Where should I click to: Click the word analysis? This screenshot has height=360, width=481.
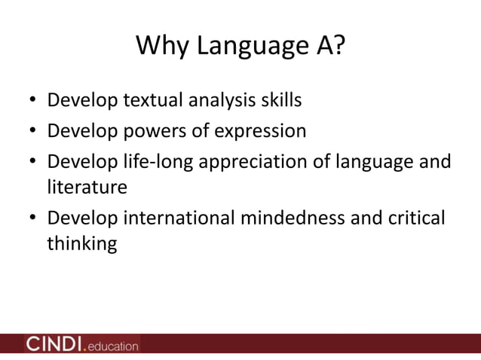click(222, 100)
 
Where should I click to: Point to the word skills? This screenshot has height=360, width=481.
click(280, 99)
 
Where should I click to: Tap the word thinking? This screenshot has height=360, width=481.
click(81, 244)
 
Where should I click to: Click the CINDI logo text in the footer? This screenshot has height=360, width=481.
click(55, 344)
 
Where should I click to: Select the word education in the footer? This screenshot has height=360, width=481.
click(114, 346)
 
